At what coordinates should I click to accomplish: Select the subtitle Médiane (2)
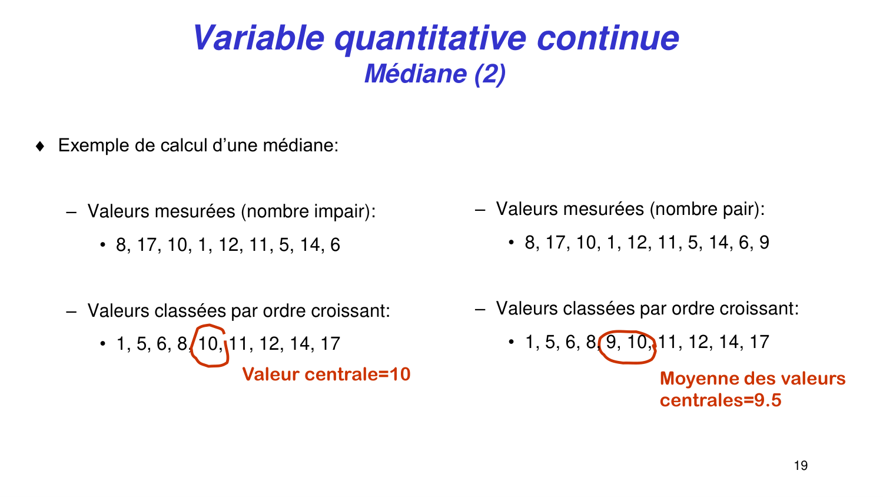click(x=435, y=74)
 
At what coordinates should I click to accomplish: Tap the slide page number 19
click(x=801, y=466)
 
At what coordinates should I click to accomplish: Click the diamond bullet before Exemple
click(x=40, y=146)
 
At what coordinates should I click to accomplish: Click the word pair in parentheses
click(x=739, y=209)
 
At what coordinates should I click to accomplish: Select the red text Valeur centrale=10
click(x=326, y=375)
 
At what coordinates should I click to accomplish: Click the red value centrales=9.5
click(x=721, y=400)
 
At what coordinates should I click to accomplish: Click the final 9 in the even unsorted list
click(x=764, y=243)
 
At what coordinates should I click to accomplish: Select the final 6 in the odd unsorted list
click(x=335, y=245)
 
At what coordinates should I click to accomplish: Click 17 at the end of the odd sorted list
click(x=330, y=343)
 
